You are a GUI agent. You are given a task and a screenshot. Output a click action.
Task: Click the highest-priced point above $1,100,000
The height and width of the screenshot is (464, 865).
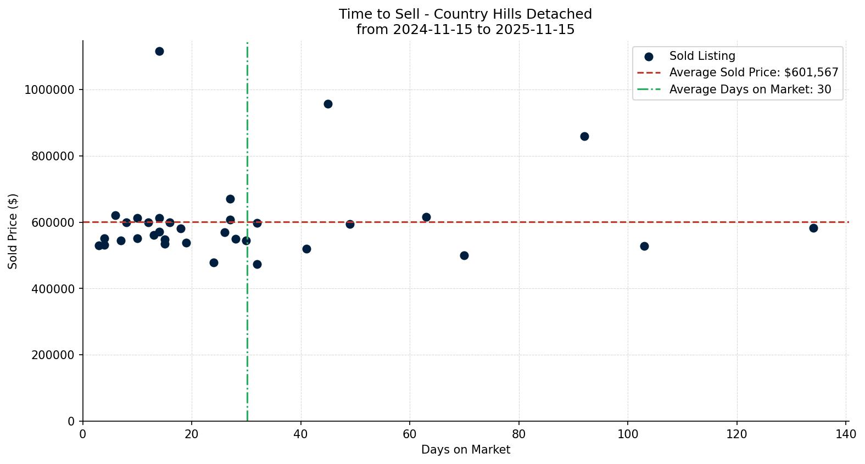click(x=159, y=52)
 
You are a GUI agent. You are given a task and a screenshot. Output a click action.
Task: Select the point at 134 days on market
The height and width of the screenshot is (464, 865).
click(x=813, y=228)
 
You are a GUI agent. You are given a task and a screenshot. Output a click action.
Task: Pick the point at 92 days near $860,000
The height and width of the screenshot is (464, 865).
click(x=584, y=136)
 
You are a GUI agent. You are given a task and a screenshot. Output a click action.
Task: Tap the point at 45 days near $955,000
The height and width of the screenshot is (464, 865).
click(x=328, y=104)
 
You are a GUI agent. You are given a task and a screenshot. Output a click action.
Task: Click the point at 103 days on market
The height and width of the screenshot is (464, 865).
click(x=644, y=246)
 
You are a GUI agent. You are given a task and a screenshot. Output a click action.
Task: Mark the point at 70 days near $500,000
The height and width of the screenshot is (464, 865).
click(x=464, y=255)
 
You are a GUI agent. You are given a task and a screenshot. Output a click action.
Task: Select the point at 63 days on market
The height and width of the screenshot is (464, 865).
click(x=426, y=217)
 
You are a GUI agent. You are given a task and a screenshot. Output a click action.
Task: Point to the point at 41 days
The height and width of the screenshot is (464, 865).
click(x=306, y=249)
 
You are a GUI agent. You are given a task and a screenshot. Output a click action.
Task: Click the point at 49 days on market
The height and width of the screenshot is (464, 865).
click(x=350, y=224)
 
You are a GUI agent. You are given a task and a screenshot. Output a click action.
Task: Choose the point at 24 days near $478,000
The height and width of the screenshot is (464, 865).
click(x=214, y=262)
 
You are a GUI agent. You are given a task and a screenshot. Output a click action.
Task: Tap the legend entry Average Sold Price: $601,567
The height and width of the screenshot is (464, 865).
click(x=754, y=72)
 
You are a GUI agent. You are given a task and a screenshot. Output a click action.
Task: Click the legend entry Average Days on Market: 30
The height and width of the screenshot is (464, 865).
click(x=750, y=90)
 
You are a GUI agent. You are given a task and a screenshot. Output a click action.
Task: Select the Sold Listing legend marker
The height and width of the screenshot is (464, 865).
click(x=649, y=57)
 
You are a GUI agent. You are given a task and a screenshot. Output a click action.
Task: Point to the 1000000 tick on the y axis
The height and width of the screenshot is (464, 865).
click(x=49, y=90)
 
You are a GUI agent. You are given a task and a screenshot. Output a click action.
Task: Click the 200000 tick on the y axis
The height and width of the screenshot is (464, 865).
click(x=53, y=355)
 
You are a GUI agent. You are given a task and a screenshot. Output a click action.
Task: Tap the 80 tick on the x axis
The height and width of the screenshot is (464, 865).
click(x=518, y=434)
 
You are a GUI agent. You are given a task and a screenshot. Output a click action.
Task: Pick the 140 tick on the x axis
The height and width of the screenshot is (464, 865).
click(x=846, y=434)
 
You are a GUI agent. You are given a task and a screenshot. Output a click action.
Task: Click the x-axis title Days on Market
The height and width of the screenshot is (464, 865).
click(x=465, y=450)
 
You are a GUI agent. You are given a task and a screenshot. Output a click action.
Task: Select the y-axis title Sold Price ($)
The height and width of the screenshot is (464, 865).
click(x=13, y=231)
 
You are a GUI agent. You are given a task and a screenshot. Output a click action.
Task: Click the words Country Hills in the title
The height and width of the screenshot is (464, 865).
click(x=466, y=14)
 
